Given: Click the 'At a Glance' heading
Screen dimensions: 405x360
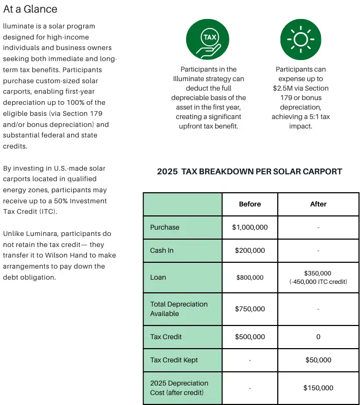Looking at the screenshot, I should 30,9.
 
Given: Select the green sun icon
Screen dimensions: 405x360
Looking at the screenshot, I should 300,40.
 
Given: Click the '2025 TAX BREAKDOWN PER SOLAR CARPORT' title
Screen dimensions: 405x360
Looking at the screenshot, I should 249,172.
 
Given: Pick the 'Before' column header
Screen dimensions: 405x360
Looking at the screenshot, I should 250,204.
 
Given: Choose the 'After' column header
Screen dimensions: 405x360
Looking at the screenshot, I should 318,204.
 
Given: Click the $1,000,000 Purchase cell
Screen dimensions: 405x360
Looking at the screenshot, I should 250,228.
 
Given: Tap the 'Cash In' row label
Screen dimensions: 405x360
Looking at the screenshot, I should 162,251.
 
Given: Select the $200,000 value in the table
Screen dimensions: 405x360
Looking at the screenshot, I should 250,251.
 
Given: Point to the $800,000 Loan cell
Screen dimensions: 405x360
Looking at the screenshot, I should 250,278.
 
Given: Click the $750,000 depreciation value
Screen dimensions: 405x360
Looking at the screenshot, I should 250,309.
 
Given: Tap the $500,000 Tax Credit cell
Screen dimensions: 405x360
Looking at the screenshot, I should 250,337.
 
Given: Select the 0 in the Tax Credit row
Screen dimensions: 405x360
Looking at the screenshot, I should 318,337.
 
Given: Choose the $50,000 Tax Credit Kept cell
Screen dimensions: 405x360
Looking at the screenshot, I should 318,360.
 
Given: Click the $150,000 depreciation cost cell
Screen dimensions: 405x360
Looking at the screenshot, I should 318,388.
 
